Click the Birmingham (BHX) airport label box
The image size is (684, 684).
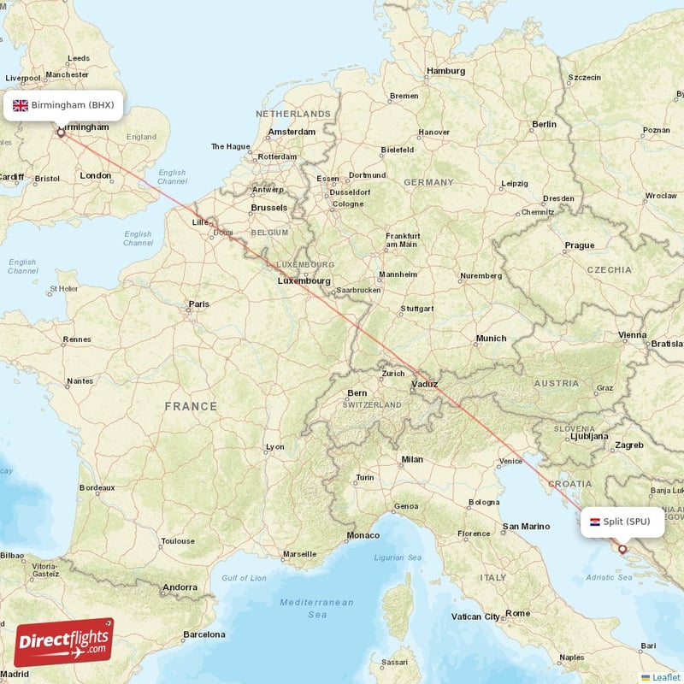(x=63, y=105)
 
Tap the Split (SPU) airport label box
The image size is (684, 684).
(x=622, y=522)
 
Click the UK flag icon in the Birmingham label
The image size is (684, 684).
(x=21, y=105)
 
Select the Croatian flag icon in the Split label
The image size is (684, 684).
(x=594, y=522)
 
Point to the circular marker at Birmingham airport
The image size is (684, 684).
(x=61, y=133)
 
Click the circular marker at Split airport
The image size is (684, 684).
(x=622, y=550)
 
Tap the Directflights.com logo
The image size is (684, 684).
(x=63, y=642)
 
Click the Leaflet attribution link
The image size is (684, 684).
(x=665, y=677)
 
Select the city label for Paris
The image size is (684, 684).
(x=199, y=304)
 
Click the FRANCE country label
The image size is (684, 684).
(x=191, y=406)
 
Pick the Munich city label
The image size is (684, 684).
(x=491, y=339)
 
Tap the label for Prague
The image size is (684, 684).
(x=579, y=245)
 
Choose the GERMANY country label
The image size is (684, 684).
(x=428, y=182)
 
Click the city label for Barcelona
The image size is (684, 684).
(x=203, y=634)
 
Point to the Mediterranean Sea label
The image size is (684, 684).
(x=316, y=608)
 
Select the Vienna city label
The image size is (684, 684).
(x=633, y=334)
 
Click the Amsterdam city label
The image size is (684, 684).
(x=292, y=132)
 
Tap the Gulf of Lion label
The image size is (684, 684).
(x=245, y=578)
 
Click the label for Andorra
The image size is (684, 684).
(x=180, y=587)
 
